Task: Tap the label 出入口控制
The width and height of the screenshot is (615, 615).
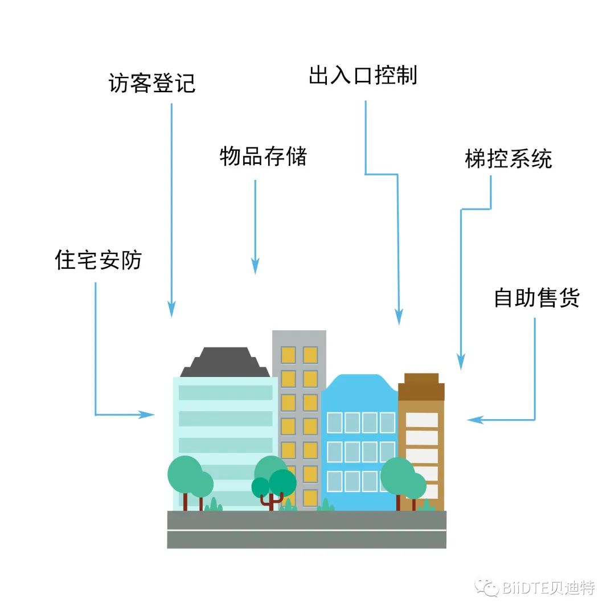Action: tap(363, 76)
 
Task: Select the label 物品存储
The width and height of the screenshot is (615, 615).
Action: tap(263, 157)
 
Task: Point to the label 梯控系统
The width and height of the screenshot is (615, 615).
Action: tap(508, 159)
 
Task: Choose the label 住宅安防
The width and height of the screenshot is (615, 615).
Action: tap(99, 260)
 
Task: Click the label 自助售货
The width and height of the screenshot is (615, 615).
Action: tap(536, 298)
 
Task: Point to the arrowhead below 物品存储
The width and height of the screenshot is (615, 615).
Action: tap(255, 266)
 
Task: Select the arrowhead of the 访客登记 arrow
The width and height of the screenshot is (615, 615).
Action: tap(171, 310)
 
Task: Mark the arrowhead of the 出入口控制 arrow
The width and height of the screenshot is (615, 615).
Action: tap(399, 317)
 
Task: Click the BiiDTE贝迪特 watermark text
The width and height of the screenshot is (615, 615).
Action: tap(549, 587)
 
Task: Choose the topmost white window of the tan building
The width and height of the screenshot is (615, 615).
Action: tap(421, 420)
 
